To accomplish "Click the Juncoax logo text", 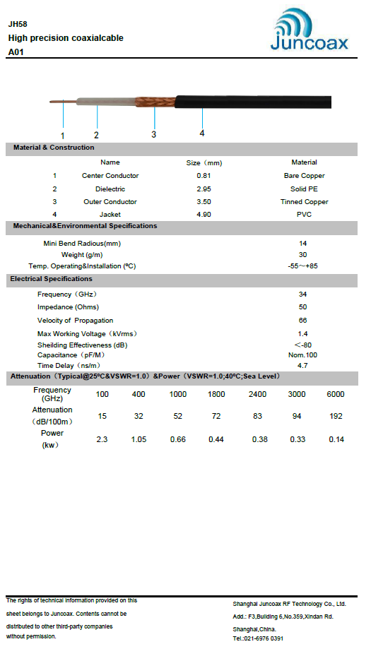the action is [x=310, y=43].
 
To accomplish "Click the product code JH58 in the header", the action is [x=18, y=23].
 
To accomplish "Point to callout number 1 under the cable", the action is [x=62, y=135].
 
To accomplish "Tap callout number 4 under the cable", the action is [x=202, y=133].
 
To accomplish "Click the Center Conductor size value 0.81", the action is [x=204, y=175].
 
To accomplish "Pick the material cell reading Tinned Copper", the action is [x=304, y=202].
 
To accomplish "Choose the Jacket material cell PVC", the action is [x=304, y=215].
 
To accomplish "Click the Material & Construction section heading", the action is [x=52, y=148].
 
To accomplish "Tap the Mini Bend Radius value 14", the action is [x=303, y=243].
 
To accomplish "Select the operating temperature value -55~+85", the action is [x=303, y=266].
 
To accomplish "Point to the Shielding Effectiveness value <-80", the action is [x=303, y=345].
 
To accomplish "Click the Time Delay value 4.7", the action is [x=303, y=366].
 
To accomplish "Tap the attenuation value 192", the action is [x=336, y=417].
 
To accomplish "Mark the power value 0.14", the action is [x=336, y=440].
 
